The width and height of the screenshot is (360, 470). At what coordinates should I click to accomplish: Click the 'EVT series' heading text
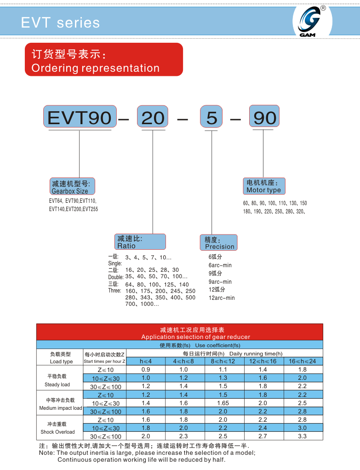coord(60,23)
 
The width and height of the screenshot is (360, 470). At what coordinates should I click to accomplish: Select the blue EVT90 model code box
coord(79,117)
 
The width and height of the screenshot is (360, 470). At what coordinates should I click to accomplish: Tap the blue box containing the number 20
coord(153,117)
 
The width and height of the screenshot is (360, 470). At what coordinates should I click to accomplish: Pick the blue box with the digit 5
coord(211,117)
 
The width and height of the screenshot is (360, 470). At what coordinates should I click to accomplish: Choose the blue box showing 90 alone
coord(264,117)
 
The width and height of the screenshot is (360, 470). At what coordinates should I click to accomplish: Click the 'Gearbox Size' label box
coord(72,187)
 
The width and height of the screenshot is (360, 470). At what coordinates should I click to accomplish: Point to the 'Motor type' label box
coord(264,186)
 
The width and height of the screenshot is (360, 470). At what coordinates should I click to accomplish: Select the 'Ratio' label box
coord(139,242)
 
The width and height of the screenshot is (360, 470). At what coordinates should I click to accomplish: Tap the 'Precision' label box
coord(219,242)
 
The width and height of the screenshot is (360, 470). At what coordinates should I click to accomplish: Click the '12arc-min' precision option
coord(221,298)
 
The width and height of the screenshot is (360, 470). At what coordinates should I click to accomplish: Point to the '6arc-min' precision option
coord(220,265)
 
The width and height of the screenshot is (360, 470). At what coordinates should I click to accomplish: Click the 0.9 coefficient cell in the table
coord(146,370)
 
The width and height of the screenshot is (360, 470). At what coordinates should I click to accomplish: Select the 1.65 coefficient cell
coord(223,403)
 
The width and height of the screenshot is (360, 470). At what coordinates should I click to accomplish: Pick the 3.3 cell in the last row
coord(302,436)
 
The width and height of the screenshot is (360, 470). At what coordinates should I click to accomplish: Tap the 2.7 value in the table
coord(263,436)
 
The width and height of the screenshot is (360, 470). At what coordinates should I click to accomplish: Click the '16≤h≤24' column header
coord(302,361)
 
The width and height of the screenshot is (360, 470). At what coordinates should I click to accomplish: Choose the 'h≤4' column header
coord(146,361)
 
